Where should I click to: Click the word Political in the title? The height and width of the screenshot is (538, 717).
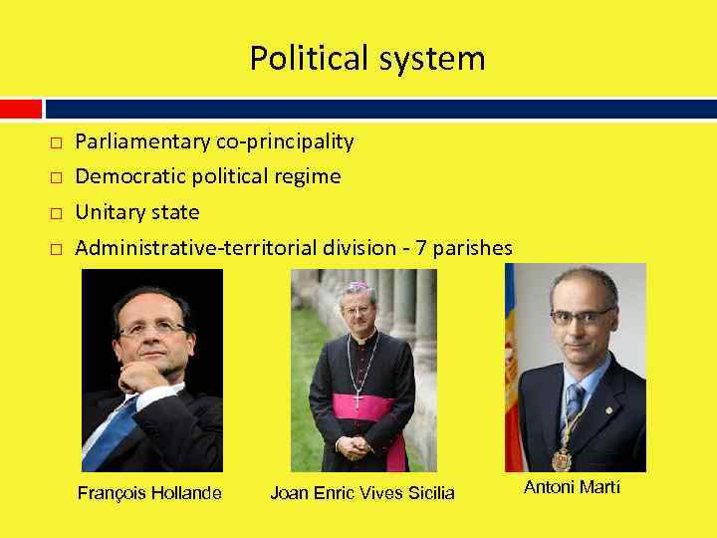(x=306, y=59)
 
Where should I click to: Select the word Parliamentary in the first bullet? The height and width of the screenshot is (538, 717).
(x=143, y=142)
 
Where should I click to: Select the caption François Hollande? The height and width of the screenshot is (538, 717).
(x=149, y=493)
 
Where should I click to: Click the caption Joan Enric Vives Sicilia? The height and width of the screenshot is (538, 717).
(x=362, y=493)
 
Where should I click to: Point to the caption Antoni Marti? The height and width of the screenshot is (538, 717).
(x=572, y=487)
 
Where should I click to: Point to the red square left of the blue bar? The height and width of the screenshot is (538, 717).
(x=21, y=108)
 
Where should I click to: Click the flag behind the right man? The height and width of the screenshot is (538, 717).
(x=514, y=369)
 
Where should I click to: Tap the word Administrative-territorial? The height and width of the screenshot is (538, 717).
(x=196, y=248)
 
